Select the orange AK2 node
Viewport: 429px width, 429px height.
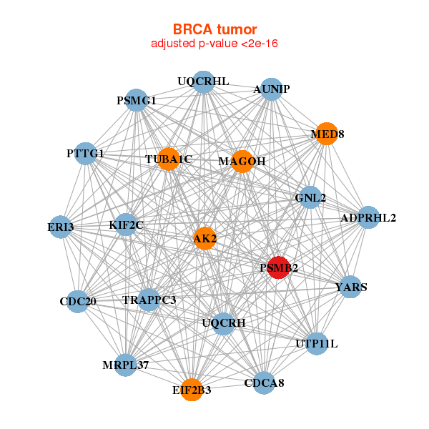point(204,238)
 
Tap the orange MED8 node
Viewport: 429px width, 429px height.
point(326,134)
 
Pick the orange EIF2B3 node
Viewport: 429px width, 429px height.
point(192,390)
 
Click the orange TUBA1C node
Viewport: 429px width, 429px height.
point(168,159)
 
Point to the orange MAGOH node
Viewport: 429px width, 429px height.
point(242,162)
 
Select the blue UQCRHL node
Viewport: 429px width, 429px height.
point(204,82)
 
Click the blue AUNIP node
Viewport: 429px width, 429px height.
point(271,89)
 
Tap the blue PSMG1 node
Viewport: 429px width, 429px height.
point(137,101)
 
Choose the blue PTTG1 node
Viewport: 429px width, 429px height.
point(86,154)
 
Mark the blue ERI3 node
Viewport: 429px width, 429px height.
point(61,227)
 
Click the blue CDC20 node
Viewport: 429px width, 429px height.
point(78,301)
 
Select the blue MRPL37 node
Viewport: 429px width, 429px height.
point(125,365)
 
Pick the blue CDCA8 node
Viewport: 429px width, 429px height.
point(264,383)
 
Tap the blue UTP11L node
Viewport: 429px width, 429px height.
point(316,344)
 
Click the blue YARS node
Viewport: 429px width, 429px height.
point(350,287)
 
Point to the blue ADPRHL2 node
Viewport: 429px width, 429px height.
point(368,217)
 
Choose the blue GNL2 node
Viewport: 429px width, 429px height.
point(310,197)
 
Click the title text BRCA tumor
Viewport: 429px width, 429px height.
point(214,29)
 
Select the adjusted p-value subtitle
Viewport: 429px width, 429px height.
point(214,44)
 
